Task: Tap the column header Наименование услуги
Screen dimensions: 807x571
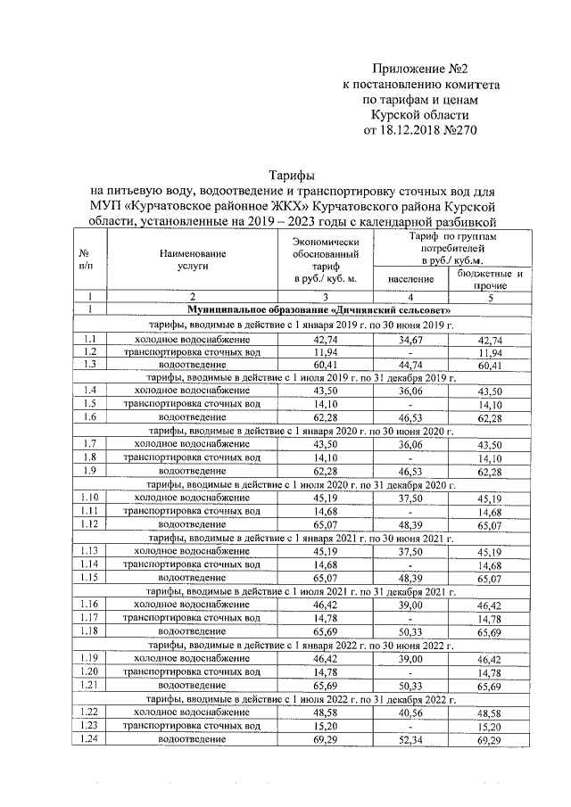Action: click(x=191, y=259)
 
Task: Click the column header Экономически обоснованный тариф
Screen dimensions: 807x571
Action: click(x=325, y=259)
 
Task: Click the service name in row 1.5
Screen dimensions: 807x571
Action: click(x=191, y=403)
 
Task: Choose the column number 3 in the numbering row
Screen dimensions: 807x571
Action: click(x=325, y=296)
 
